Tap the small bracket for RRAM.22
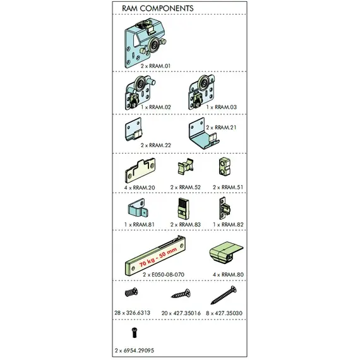[135, 130]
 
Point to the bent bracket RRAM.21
[201, 135]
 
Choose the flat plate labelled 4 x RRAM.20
[138, 171]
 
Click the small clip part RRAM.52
[186, 168]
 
